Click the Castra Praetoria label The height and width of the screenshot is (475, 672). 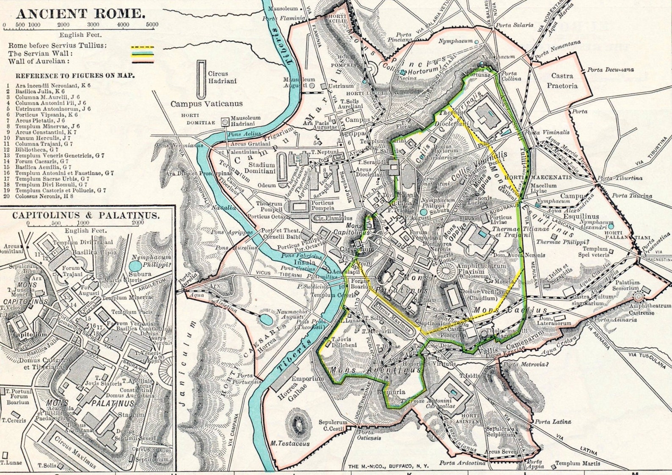point(562,81)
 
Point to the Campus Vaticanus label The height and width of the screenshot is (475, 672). point(206,104)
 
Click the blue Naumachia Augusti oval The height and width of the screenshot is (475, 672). point(266,319)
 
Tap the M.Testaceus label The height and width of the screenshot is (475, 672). point(290,444)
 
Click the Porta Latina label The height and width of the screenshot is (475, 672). point(552,421)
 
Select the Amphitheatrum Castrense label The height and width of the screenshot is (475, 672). point(650,309)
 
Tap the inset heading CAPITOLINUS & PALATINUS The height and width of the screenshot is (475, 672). point(86,215)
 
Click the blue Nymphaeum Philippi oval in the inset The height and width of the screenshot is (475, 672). point(135,266)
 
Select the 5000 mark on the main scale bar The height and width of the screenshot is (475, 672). point(152,25)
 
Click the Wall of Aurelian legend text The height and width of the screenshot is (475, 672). point(37,61)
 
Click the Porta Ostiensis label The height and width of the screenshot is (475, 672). point(368,435)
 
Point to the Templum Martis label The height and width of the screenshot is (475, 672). point(577,463)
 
